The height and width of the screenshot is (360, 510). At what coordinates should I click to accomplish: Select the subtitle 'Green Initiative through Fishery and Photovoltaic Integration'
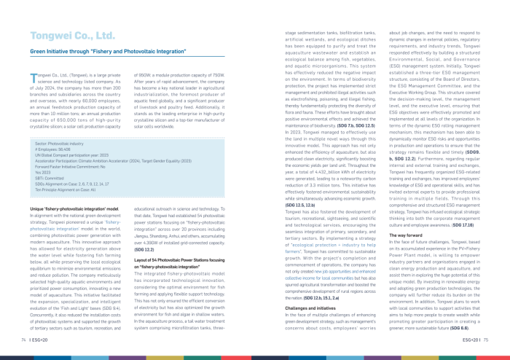(x=108, y=52)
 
